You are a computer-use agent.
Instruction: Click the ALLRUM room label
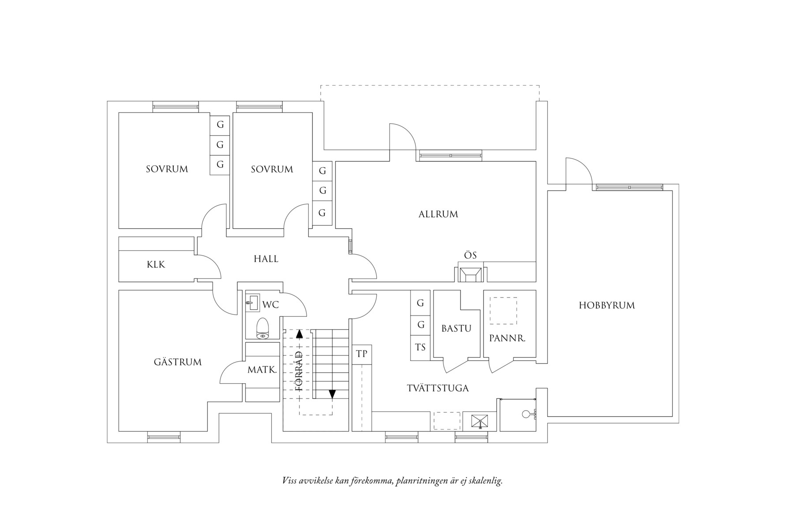[438, 214]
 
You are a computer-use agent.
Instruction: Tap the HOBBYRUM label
[607, 305]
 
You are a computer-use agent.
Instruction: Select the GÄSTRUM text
[178, 362]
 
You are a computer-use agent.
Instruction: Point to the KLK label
[156, 264]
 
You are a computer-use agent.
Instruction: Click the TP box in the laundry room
[362, 354]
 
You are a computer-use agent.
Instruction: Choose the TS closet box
[420, 348]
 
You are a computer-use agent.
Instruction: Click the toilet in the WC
[263, 328]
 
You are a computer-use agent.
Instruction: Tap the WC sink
[253, 302]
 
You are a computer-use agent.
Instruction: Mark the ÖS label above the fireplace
[470, 256]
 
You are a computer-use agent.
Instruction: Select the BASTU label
[456, 329]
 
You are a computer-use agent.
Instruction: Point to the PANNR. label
[507, 338]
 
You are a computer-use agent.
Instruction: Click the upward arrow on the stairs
[299, 334]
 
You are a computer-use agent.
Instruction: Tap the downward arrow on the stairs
[332, 393]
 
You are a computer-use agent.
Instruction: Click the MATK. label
[262, 370]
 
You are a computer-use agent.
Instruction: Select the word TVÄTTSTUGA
[437, 388]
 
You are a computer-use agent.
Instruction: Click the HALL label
[266, 259]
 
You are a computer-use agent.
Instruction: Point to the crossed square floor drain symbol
[479, 421]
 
